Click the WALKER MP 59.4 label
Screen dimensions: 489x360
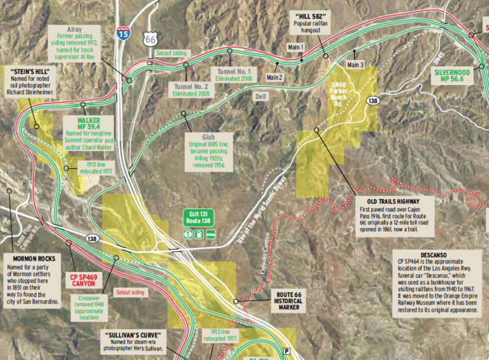click(x=89, y=123)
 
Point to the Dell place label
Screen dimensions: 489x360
click(x=259, y=96)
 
